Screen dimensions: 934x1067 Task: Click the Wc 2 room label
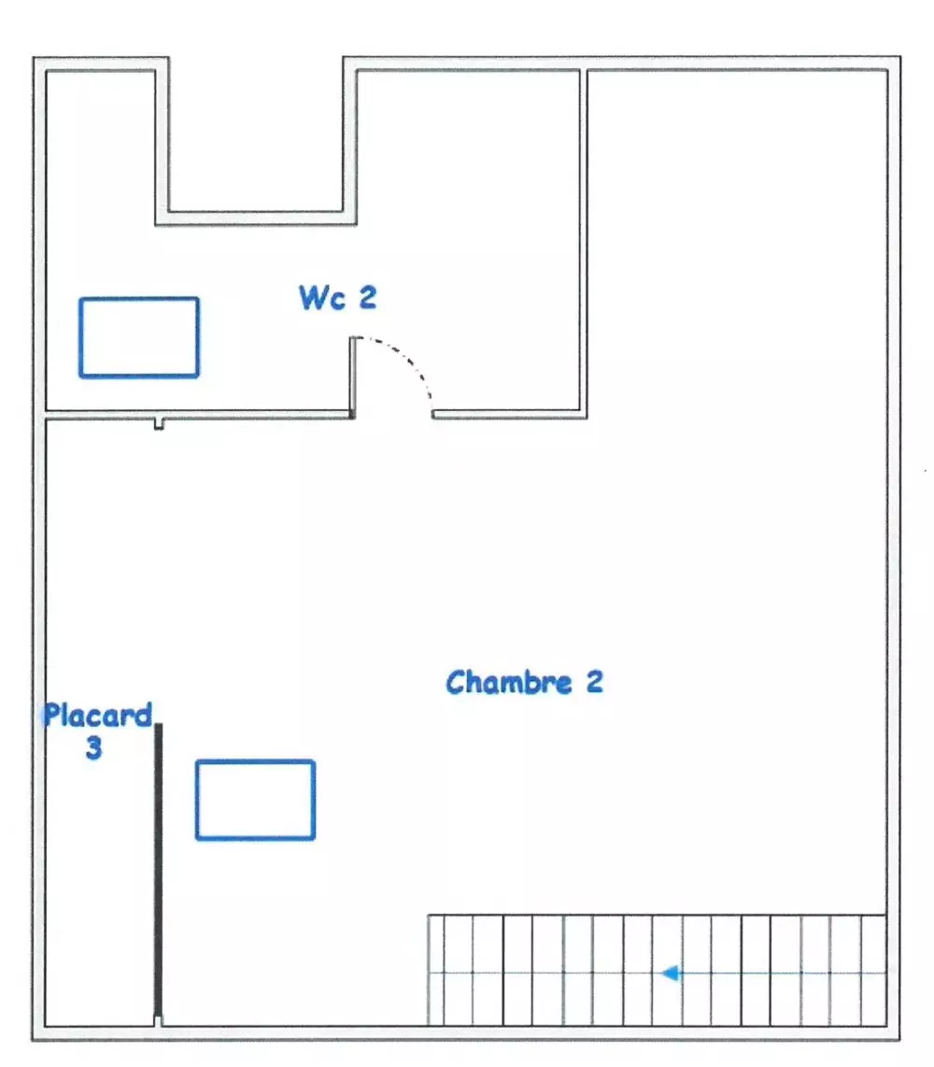point(337,297)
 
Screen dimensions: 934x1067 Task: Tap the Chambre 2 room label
point(525,682)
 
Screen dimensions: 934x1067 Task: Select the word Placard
point(98,715)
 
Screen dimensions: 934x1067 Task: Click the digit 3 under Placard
point(94,747)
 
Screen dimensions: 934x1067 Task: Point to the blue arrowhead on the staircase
point(671,973)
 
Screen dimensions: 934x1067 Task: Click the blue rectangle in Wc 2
point(139,337)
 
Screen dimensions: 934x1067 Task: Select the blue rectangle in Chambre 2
point(255,800)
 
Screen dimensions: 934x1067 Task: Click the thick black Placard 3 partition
point(159,871)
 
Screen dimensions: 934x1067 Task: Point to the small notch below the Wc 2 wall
point(159,424)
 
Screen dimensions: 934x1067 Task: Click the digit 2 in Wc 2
point(367,297)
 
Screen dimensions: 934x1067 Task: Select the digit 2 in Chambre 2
point(595,682)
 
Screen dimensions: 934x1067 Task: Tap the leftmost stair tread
point(435,970)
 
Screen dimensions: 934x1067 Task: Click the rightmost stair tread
point(873,970)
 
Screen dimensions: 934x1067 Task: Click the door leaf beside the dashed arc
point(352,377)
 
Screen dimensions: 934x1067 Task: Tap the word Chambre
point(509,682)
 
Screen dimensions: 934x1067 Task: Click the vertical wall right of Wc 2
point(584,242)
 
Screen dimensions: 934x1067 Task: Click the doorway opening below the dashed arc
point(393,415)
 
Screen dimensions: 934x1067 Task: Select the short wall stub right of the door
point(509,415)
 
